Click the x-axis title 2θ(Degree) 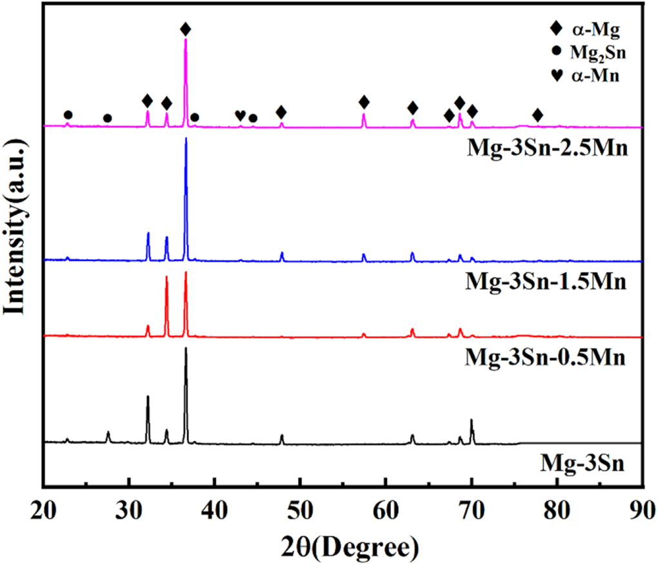click(343, 548)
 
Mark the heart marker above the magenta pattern click(239, 116)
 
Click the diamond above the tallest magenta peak click(186, 29)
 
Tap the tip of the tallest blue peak click(186, 138)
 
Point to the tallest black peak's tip click(186, 348)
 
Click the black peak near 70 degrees click(472, 421)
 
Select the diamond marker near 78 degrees click(537, 115)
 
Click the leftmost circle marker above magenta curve click(68, 115)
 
